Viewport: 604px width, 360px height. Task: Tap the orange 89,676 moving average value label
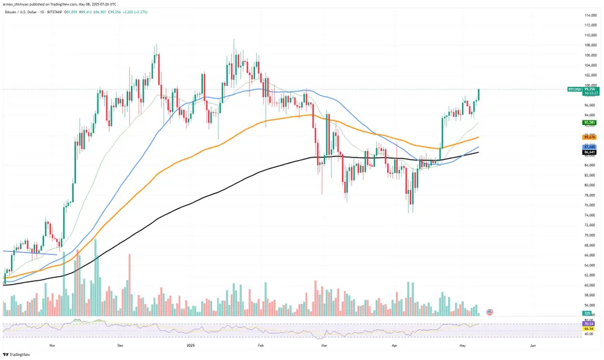(x=589, y=137)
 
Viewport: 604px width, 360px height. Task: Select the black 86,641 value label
(x=589, y=153)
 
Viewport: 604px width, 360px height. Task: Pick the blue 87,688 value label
(x=589, y=147)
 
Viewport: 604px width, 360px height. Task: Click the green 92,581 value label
(x=589, y=122)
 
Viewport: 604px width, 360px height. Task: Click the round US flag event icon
(x=489, y=312)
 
